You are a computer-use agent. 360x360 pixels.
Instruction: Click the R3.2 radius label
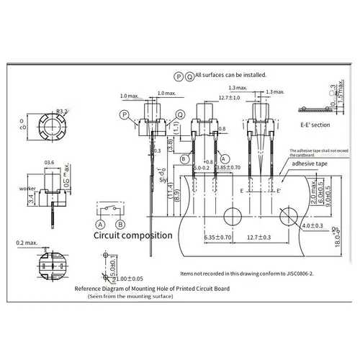[x=62, y=112]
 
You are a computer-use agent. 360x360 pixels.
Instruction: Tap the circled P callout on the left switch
[x=125, y=114]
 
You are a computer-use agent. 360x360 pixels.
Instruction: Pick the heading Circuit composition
[x=133, y=235]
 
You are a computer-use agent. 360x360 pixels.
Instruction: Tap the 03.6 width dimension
[x=50, y=162]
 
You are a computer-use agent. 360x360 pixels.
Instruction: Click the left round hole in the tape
[x=233, y=216]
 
